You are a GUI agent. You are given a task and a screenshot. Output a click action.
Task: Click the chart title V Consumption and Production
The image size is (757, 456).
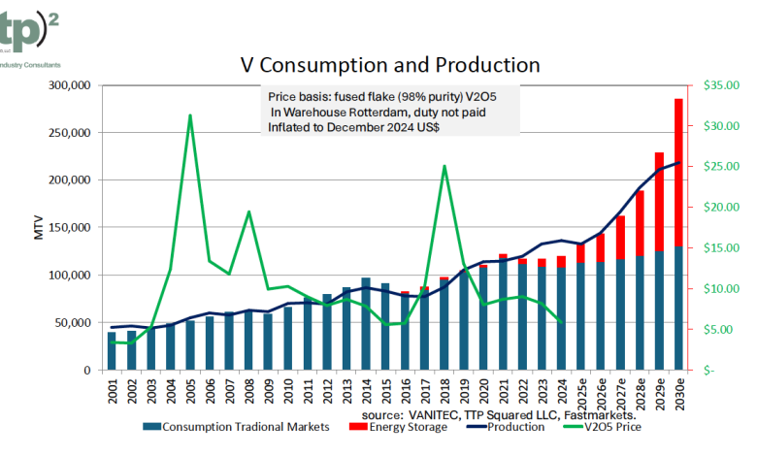(389, 65)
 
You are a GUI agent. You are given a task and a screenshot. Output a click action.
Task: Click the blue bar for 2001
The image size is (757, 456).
(112, 351)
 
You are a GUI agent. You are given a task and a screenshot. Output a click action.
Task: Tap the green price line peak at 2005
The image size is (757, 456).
(190, 115)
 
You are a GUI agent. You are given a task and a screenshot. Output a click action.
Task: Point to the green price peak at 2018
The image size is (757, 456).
(444, 166)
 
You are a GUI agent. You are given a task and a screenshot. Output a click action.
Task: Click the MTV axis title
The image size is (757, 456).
(39, 228)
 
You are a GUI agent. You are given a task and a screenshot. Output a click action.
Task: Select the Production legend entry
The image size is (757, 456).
(513, 427)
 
